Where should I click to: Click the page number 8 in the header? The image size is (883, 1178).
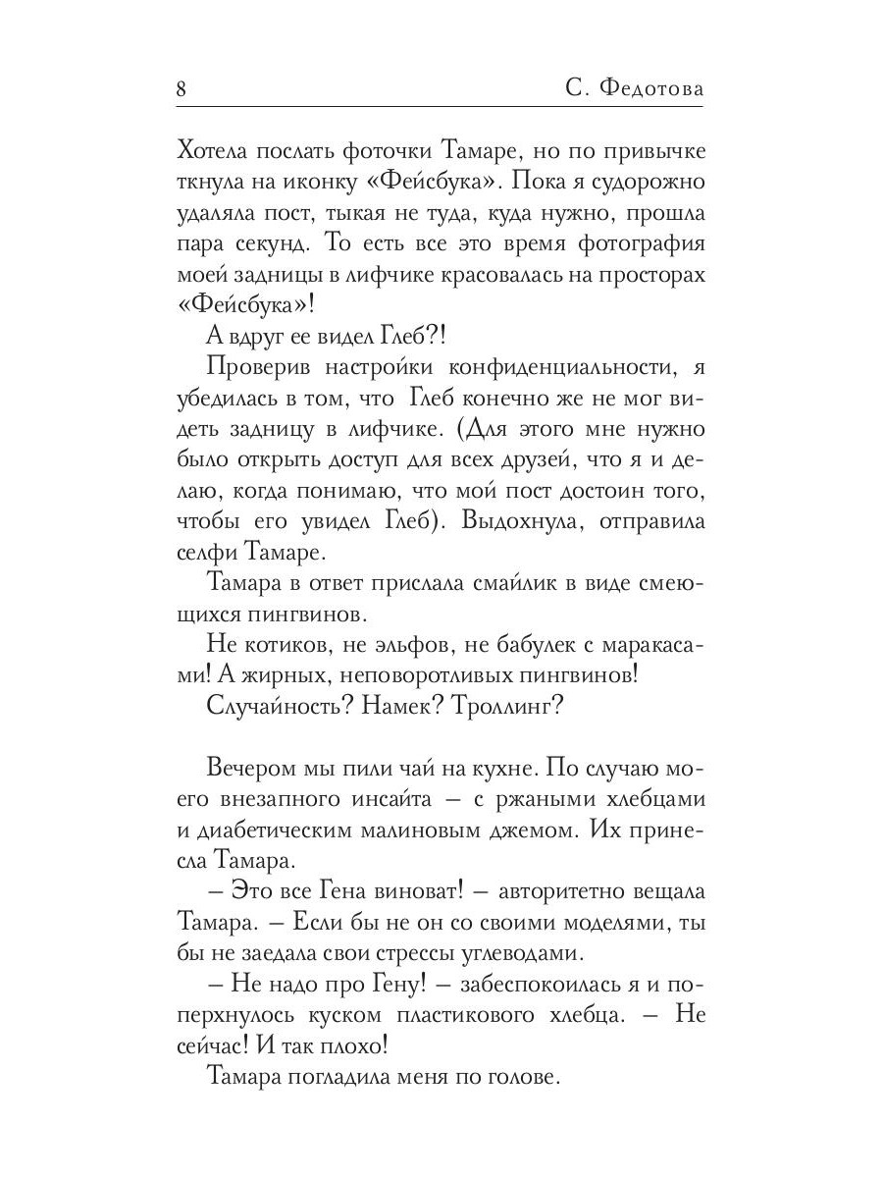tap(182, 88)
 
